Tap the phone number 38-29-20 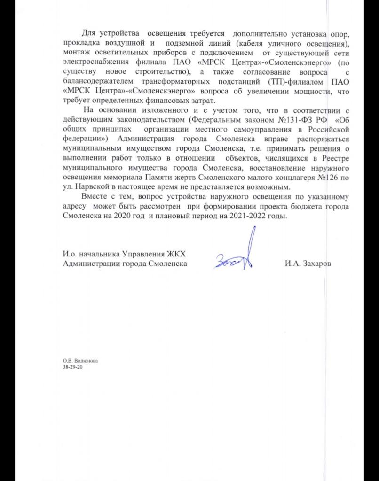coord(72,368)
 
